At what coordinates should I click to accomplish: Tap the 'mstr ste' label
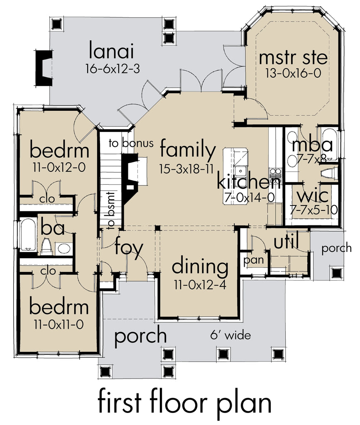tap(293, 58)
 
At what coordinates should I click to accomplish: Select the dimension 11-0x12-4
tap(200, 285)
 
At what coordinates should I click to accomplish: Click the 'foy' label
tap(129, 248)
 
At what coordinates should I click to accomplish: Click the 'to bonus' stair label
tap(131, 143)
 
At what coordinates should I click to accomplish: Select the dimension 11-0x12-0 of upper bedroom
tap(59, 168)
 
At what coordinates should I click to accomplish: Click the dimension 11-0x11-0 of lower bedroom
tap(59, 325)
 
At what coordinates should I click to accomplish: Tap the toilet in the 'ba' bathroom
tap(46, 247)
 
